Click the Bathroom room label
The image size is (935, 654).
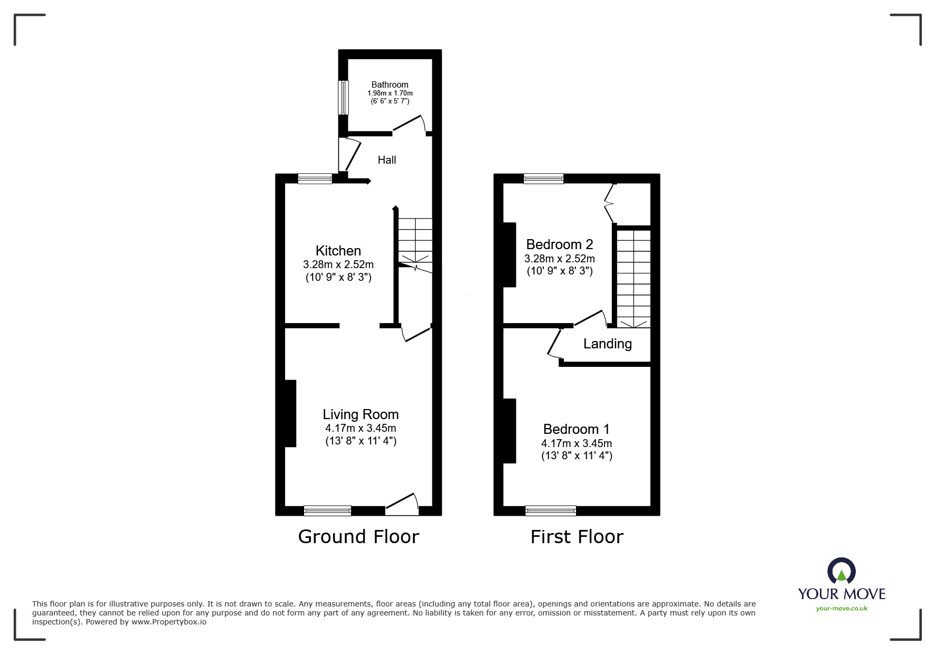(390, 84)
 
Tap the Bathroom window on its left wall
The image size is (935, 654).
(343, 97)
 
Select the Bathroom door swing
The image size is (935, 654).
(410, 125)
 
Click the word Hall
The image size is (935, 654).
(386, 160)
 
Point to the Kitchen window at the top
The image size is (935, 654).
(315, 179)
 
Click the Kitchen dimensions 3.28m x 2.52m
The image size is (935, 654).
(338, 264)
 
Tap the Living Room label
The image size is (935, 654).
(361, 414)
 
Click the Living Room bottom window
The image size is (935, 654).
(327, 510)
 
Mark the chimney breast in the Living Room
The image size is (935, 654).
(290, 413)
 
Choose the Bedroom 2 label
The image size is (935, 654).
(560, 244)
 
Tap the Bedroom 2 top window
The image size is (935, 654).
(543, 179)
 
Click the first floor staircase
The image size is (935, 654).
(634, 277)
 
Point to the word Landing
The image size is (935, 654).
(607, 344)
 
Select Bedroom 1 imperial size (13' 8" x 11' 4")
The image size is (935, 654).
(577, 456)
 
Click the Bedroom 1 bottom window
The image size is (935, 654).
(551, 510)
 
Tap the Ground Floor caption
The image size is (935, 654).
(358, 536)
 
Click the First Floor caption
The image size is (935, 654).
(577, 537)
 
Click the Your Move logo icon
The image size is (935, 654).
(841, 571)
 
